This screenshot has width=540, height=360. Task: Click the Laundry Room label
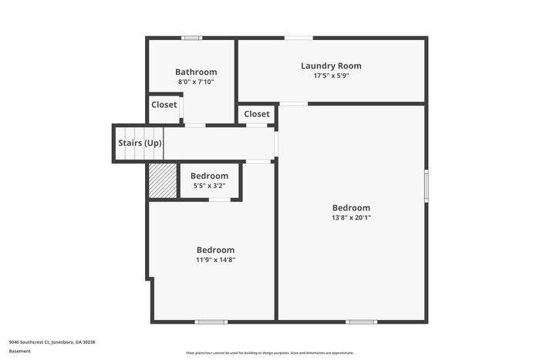pyautogui.click(x=331, y=66)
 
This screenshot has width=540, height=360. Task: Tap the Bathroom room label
pyautogui.click(x=196, y=72)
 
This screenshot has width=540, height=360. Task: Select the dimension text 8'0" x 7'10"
pyautogui.click(x=196, y=82)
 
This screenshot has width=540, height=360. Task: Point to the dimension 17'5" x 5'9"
pyautogui.click(x=331, y=76)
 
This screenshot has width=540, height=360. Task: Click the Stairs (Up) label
pyautogui.click(x=140, y=143)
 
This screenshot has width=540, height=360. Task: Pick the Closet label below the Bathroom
pyautogui.click(x=164, y=105)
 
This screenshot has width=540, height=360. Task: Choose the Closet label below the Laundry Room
pyautogui.click(x=257, y=114)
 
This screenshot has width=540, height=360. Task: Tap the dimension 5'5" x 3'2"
pyautogui.click(x=209, y=186)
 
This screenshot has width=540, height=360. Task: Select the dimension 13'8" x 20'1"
pyautogui.click(x=351, y=217)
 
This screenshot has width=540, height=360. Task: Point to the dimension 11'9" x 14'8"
pyautogui.click(x=215, y=260)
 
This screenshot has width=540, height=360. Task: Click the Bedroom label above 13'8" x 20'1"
pyautogui.click(x=351, y=207)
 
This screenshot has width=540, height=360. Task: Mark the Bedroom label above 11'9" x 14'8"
pyautogui.click(x=215, y=250)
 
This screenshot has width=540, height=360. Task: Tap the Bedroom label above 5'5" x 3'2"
pyautogui.click(x=209, y=176)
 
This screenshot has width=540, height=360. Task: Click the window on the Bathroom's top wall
pyautogui.click(x=191, y=38)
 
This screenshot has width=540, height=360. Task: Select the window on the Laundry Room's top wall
pyautogui.click(x=299, y=38)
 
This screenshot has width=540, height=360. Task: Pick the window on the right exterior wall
pyautogui.click(x=426, y=186)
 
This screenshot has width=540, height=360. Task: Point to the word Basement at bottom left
pyautogui.click(x=21, y=351)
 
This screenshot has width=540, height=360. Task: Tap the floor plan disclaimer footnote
pyautogui.click(x=269, y=352)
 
